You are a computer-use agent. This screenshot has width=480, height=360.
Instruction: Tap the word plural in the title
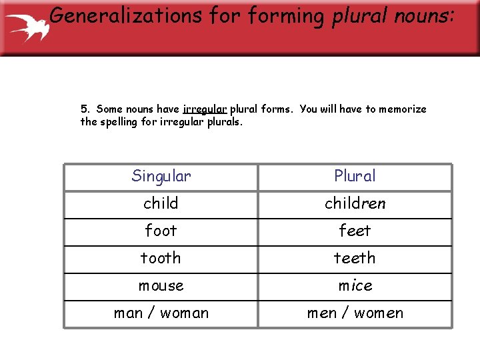(363, 15)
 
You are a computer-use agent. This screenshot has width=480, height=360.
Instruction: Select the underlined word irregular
(205, 109)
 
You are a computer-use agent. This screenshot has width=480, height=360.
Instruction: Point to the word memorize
(403, 109)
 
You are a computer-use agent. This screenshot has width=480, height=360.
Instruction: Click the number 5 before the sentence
(85, 109)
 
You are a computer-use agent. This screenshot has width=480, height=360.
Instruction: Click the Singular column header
(161, 176)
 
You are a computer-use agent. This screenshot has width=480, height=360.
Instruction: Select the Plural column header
(355, 176)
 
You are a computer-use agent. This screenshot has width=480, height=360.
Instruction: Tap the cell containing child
(161, 203)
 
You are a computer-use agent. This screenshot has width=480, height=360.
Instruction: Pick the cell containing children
(355, 203)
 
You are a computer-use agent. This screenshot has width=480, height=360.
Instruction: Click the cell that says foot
(161, 231)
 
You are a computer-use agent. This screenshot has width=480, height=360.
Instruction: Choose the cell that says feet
(355, 231)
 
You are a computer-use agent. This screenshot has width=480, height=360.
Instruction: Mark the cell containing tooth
(161, 258)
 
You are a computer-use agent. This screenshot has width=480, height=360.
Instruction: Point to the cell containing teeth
(355, 258)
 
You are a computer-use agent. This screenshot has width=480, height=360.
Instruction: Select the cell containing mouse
(161, 285)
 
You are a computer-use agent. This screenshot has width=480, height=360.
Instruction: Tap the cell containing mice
(355, 285)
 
